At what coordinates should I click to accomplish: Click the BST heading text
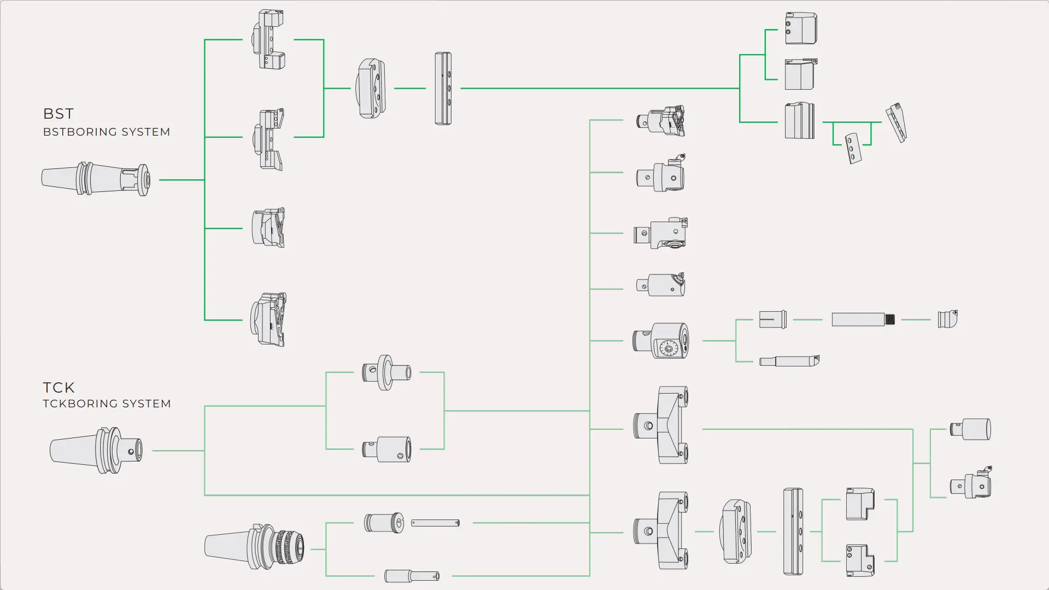click(x=58, y=114)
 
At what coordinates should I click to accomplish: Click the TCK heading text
click(x=58, y=388)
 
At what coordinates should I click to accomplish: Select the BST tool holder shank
click(x=96, y=179)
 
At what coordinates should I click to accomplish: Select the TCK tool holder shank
click(x=96, y=450)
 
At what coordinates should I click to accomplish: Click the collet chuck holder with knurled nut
click(x=254, y=547)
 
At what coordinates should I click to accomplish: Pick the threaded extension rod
click(x=863, y=319)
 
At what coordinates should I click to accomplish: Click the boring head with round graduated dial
click(x=661, y=341)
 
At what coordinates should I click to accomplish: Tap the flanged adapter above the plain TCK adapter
click(x=386, y=372)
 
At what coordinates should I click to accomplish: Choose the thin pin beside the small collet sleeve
click(x=435, y=523)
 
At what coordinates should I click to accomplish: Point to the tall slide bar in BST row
click(x=443, y=89)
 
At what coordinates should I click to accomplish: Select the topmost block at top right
click(x=801, y=28)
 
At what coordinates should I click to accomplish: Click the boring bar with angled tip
click(x=789, y=361)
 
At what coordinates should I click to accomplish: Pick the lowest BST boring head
click(x=268, y=319)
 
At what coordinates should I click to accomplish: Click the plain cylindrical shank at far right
click(x=971, y=429)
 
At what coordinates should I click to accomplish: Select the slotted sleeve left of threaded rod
click(x=773, y=319)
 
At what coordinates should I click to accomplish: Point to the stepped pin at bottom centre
click(x=412, y=576)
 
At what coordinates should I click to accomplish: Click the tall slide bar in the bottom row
click(x=793, y=531)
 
